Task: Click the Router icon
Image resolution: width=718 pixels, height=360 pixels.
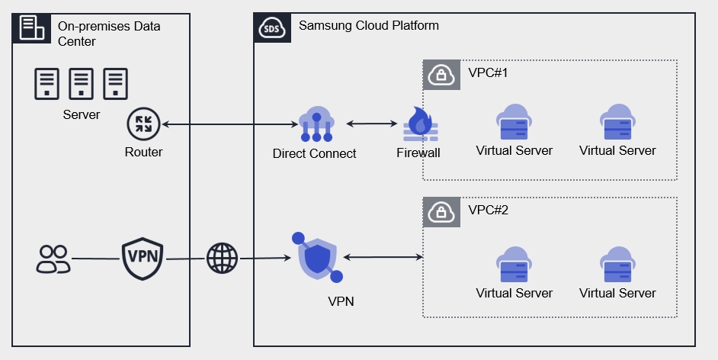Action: pos(143,124)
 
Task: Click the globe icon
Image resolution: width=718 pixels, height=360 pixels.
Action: pos(222,259)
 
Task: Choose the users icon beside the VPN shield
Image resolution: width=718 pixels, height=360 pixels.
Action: pos(53,259)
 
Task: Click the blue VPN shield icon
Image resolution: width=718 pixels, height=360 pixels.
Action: pos(317,257)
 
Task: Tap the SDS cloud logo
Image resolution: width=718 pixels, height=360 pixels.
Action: pos(271,29)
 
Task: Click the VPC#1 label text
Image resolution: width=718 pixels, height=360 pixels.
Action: pos(488,73)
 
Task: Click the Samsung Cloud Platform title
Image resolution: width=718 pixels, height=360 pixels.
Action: pos(368,25)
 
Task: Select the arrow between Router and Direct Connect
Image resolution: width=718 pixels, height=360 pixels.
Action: pos(229,124)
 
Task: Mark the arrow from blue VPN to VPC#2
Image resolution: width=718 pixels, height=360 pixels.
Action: pos(383,258)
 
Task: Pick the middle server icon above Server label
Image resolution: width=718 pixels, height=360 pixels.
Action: pos(81,83)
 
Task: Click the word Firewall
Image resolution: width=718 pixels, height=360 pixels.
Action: pos(418,153)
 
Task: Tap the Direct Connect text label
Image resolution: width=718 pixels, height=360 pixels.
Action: pos(314,153)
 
